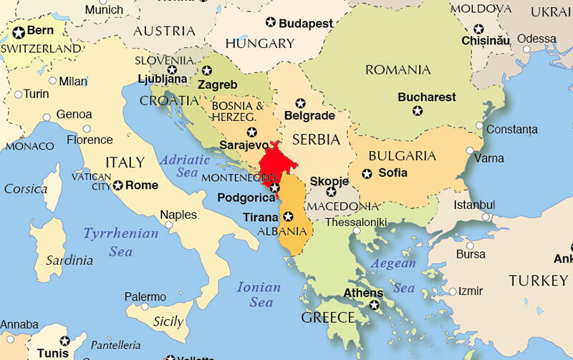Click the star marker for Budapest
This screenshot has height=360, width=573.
(270, 23)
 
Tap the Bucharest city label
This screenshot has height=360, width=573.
(427, 97)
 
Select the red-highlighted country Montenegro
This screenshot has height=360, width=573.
(271, 163)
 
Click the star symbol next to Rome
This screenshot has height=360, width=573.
(117, 185)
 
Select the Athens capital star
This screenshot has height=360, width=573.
(374, 306)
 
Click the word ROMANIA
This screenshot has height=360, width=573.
(398, 69)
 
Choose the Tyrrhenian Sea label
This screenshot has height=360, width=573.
(120, 242)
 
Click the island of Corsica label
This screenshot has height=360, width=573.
(25, 189)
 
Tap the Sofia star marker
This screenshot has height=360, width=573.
(367, 173)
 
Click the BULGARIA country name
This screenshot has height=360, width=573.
(402, 155)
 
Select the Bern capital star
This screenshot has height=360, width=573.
(19, 32)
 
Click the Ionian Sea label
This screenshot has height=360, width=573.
(260, 294)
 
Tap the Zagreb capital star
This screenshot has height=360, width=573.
(207, 71)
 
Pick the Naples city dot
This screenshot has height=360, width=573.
(169, 225)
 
